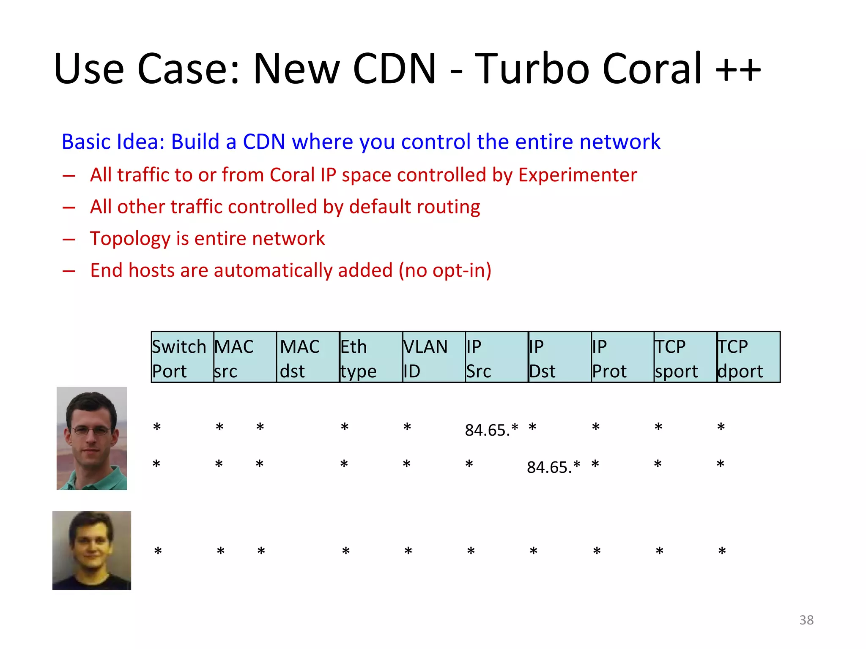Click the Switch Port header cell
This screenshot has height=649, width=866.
[182, 357]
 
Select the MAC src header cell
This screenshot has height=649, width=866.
[245, 357]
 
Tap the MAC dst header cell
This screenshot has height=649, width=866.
[308, 357]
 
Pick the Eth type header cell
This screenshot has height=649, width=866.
[371, 357]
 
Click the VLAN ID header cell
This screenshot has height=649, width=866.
[433, 357]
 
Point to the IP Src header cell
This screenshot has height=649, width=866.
[496, 357]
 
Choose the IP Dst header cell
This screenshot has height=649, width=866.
[559, 357]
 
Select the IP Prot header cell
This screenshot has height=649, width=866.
[622, 357]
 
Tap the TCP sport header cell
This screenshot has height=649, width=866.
[685, 357]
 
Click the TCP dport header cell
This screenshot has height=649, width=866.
[748, 357]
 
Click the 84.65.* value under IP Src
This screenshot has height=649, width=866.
[491, 430]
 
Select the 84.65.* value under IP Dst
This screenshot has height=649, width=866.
[553, 467]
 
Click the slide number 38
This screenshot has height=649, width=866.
[806, 620]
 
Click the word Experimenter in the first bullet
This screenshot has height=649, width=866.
[577, 175]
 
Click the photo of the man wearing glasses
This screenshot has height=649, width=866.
[92, 438]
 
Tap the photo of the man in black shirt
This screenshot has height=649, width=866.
[92, 550]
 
